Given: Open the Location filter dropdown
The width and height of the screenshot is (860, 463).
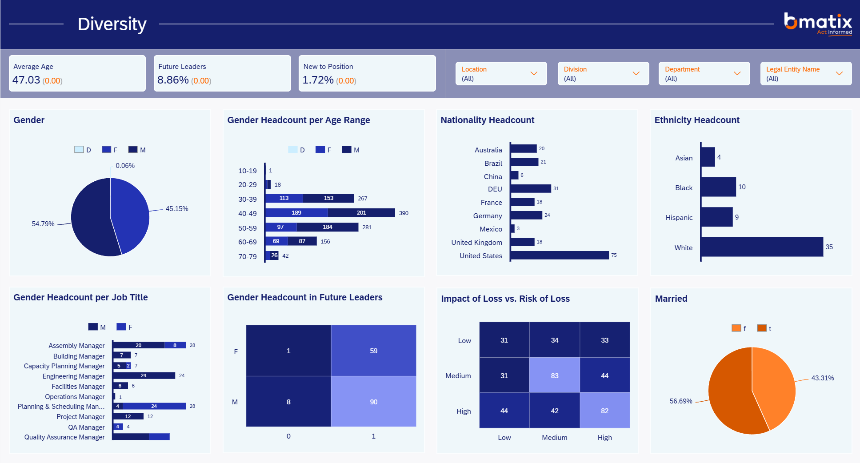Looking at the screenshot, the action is (501, 73).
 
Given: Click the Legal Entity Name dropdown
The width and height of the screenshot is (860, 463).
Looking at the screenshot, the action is (806, 73).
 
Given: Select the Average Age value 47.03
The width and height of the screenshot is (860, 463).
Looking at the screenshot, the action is (26, 80).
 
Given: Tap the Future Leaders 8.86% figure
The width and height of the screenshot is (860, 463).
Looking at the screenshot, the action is (173, 80).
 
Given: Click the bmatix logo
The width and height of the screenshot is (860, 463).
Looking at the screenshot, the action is (818, 24).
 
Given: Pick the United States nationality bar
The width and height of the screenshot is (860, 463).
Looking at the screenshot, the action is (560, 255).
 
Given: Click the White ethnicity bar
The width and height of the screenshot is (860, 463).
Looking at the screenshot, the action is (762, 247).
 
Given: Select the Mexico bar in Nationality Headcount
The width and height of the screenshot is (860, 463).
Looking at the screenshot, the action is (512, 228).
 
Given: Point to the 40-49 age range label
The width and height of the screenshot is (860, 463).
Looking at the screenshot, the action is (248, 213).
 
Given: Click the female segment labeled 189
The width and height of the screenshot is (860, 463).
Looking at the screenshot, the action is (296, 213).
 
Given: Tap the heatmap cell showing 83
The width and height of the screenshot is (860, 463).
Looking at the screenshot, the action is (555, 375).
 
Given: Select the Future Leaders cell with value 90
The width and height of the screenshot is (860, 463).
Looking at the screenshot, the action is (374, 401).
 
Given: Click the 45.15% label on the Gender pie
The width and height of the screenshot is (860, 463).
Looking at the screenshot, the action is (177, 208).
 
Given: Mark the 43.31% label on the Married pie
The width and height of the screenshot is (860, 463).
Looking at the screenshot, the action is (823, 378).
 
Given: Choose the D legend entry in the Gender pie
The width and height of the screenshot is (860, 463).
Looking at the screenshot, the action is (83, 150).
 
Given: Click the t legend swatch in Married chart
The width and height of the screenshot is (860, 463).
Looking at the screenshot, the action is (762, 328).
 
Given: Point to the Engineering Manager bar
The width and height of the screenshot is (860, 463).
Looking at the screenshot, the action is (144, 375).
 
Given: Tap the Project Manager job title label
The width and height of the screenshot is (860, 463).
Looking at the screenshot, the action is (80, 416).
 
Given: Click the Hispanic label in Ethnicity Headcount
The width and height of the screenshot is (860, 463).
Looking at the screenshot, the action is (679, 217).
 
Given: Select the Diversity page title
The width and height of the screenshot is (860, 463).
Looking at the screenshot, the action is (112, 24).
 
